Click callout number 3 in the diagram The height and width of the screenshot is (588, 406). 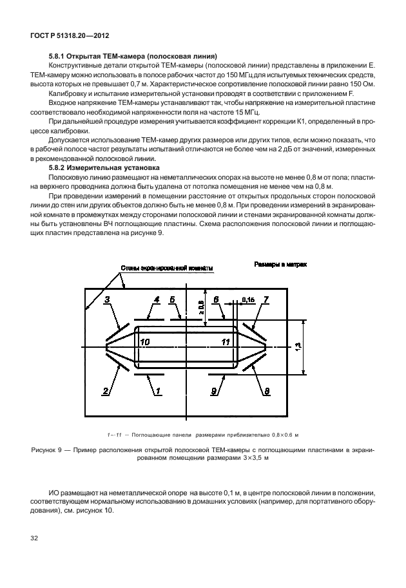[108, 299]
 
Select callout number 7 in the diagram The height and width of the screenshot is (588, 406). [265, 299]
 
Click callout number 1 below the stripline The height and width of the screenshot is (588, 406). [156, 390]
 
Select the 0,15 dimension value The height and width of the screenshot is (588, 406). [249, 299]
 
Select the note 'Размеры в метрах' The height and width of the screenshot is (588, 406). [280, 265]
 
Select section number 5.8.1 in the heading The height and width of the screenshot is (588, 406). [52, 56]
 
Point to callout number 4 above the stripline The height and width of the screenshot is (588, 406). [157, 299]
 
